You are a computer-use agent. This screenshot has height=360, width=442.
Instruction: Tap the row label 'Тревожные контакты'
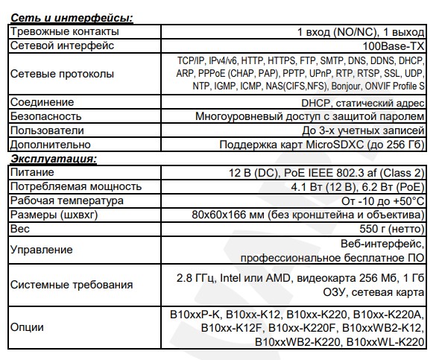point(64,32)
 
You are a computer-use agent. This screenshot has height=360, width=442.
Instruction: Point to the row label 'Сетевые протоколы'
point(62,74)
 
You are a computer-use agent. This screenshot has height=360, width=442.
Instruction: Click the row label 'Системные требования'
point(72,285)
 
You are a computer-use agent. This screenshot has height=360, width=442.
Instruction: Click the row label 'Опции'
point(28,327)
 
